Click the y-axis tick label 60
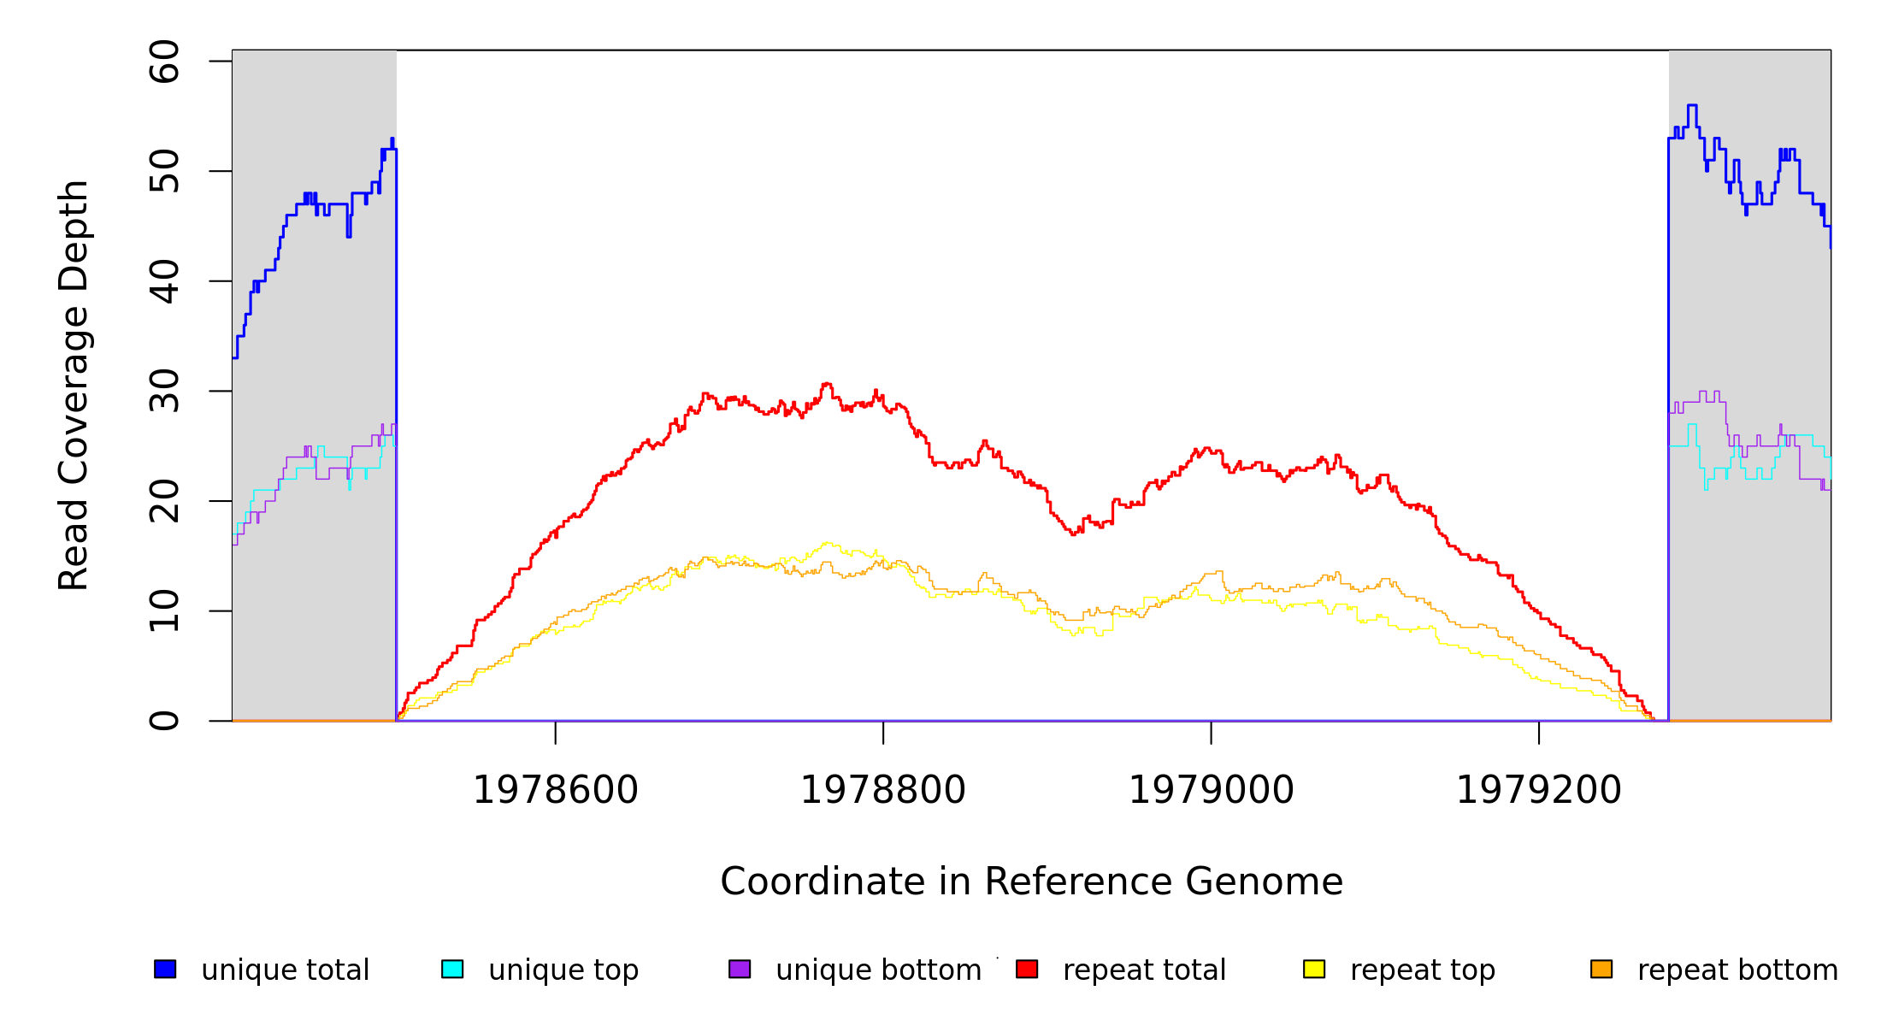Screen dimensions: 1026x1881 [164, 62]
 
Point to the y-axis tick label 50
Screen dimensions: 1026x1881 [164, 171]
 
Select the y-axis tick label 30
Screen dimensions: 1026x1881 [164, 391]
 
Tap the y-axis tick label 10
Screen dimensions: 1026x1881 [164, 610]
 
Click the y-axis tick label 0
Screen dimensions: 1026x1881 [164, 721]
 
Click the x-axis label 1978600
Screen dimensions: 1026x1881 [555, 790]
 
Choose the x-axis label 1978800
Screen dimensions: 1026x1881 [882, 790]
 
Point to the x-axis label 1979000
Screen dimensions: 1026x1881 [1211, 790]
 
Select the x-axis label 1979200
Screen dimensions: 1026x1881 [1538, 790]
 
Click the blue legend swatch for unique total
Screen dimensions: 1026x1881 [165, 969]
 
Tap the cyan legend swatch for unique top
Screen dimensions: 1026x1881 [452, 969]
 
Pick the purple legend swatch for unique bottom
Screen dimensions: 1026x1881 [740, 969]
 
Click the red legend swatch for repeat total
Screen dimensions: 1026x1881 [1027, 969]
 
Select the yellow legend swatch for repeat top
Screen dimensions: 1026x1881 [1314, 969]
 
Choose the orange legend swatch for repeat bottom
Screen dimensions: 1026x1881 [1601, 969]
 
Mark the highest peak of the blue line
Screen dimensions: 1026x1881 [1692, 105]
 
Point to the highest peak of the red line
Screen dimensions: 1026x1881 [826, 384]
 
